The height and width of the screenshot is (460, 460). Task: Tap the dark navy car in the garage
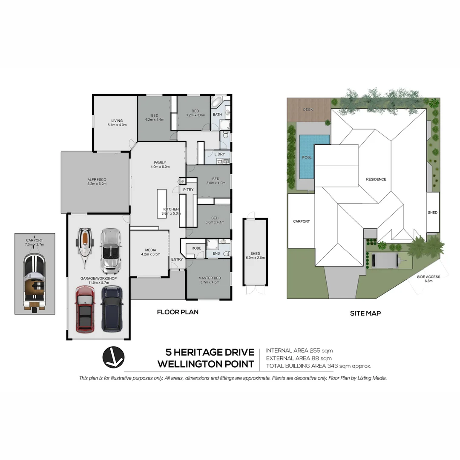[112, 308]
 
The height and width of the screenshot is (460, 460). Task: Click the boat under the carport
[34, 281]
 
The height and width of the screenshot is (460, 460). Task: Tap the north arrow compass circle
[113, 356]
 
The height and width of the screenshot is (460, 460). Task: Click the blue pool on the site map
[314, 157]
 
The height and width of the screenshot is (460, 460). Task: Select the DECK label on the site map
[308, 110]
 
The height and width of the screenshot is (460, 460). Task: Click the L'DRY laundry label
[219, 154]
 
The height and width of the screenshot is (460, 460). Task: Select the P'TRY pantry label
[188, 190]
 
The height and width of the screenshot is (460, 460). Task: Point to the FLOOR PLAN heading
[178, 312]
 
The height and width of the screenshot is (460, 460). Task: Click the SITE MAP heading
[365, 313]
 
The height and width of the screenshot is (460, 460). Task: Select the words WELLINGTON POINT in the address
[206, 364]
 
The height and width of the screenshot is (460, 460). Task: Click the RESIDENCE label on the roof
[376, 179]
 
